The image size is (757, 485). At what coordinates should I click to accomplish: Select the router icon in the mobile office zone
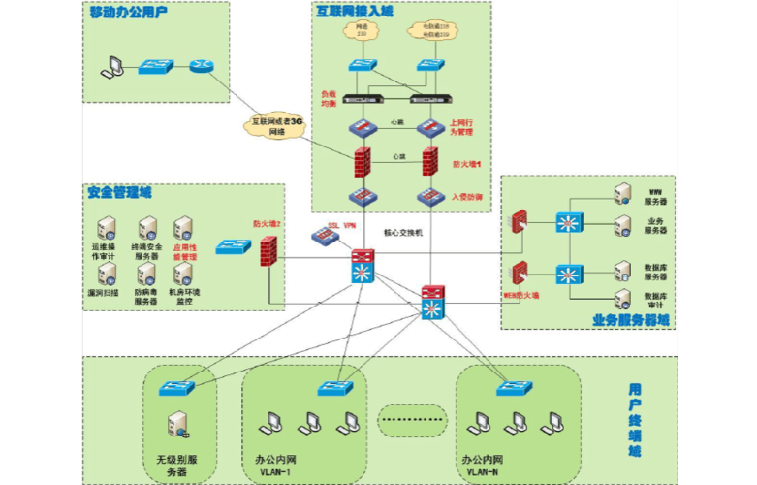coord(200,67)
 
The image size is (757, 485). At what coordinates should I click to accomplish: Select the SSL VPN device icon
coord(323,235)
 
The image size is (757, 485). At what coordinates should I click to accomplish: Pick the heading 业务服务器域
coord(630,319)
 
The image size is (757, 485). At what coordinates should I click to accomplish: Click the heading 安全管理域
coord(119,192)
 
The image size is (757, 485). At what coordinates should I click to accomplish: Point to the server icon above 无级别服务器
coord(177,424)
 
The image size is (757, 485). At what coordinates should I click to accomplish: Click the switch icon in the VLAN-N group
coord(514,388)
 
